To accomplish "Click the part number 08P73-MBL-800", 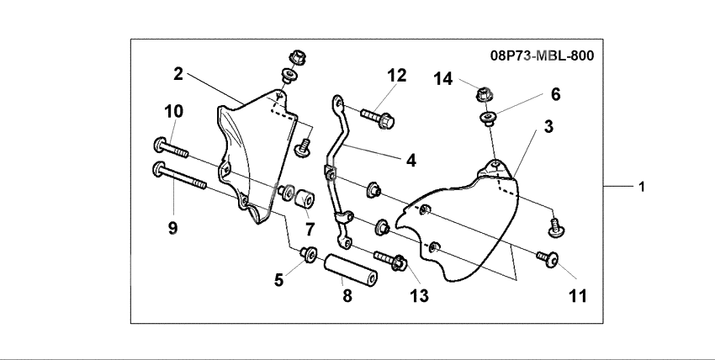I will pyautogui.click(x=542, y=57).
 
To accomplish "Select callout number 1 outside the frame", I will pyautogui.click(x=642, y=186).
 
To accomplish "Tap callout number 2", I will pyautogui.click(x=178, y=74).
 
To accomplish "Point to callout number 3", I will pyautogui.click(x=548, y=127).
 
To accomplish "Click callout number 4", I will pyautogui.click(x=410, y=159).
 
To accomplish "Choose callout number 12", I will pyautogui.click(x=396, y=76).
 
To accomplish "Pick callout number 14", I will pyautogui.click(x=443, y=79).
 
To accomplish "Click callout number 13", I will pyautogui.click(x=418, y=295).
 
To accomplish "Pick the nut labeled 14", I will pyautogui.click(x=485, y=93).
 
